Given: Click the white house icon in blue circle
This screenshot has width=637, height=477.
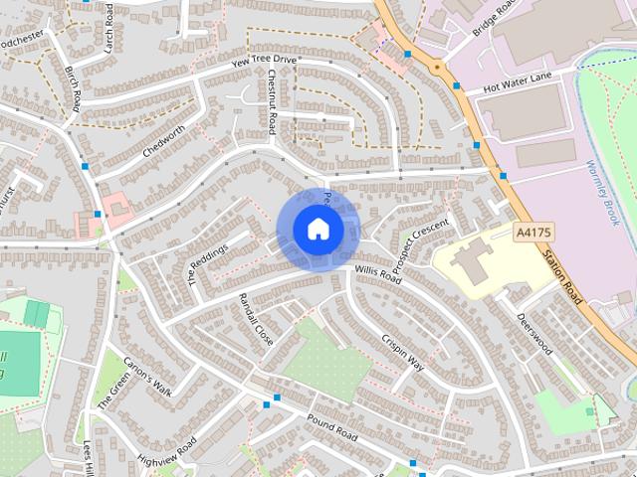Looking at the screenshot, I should [318, 230].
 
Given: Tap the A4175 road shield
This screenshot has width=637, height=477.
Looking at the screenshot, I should [533, 233].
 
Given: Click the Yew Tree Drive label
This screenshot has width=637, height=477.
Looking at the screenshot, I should [264, 61].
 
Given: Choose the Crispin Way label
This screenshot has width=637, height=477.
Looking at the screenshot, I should [402, 353].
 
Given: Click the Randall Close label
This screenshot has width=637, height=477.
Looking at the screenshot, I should [256, 318].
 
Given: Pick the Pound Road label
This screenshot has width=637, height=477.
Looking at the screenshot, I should [331, 429].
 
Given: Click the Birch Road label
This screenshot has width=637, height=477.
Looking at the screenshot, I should [75, 90].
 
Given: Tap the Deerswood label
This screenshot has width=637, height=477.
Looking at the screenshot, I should [533, 335].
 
